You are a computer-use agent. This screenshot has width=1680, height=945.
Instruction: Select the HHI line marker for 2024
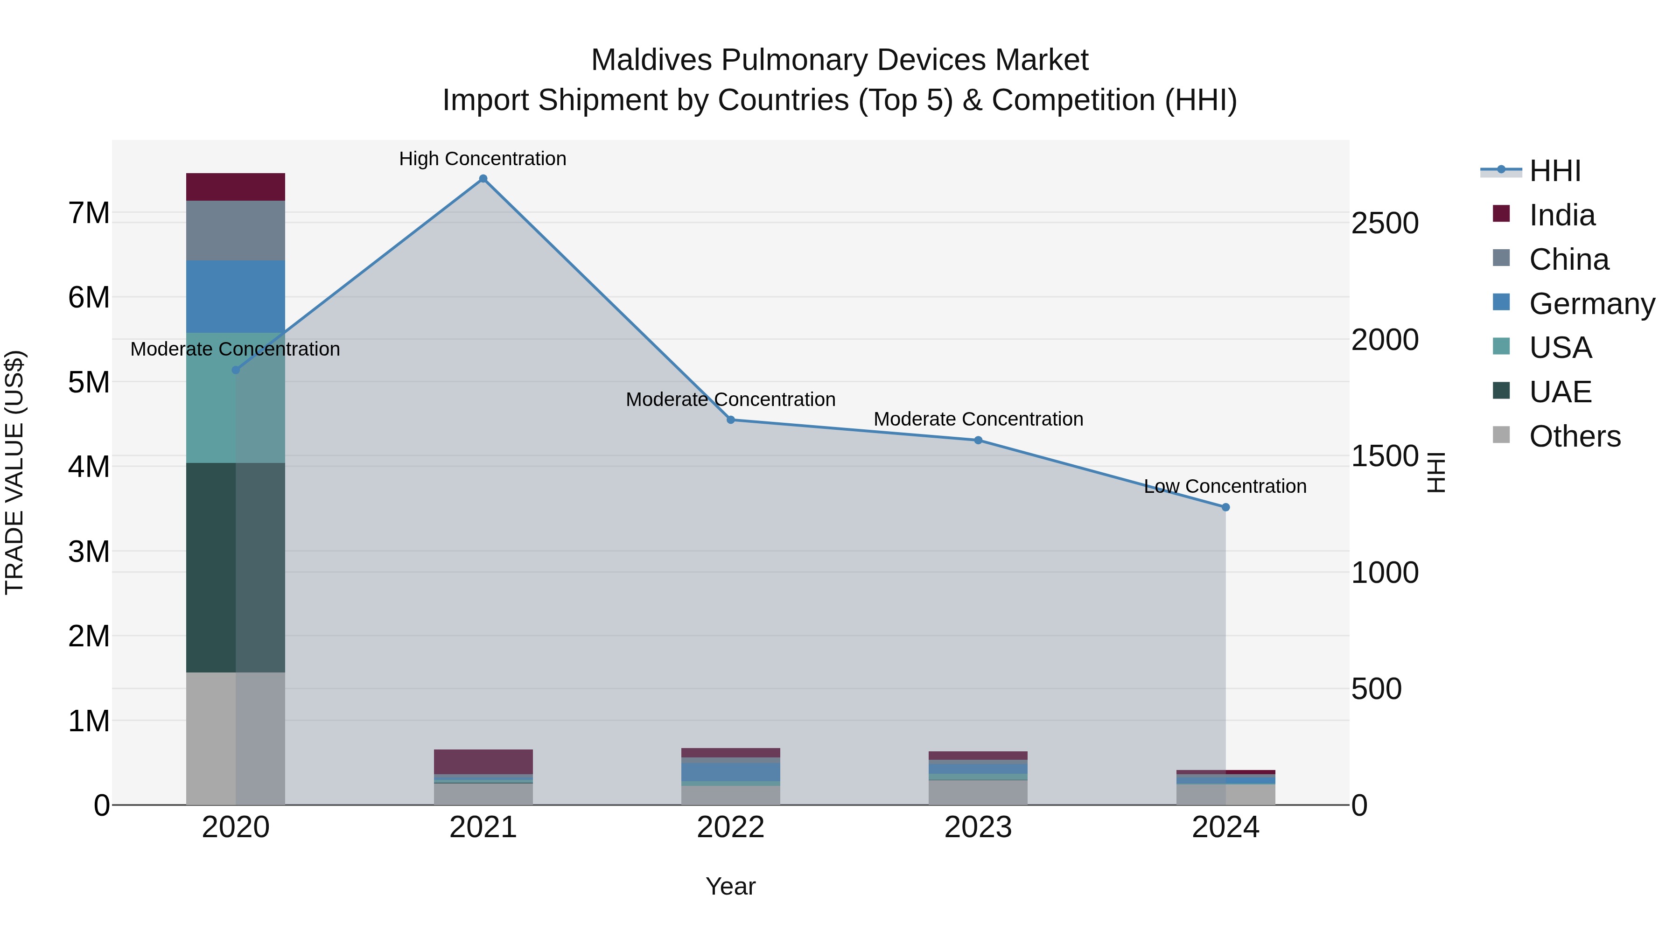(x=1225, y=507)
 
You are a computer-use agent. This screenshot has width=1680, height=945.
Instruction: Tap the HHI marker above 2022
(x=730, y=420)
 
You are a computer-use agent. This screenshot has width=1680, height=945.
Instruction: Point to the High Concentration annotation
(x=483, y=159)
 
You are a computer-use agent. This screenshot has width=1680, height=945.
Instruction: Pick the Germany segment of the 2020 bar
(x=236, y=297)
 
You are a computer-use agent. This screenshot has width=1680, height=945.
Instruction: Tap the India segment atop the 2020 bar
(x=236, y=187)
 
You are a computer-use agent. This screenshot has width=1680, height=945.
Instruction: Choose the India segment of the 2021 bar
(x=483, y=761)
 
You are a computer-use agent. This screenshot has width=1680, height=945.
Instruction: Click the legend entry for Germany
(x=1591, y=304)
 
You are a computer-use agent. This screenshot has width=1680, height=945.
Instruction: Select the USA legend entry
(x=1560, y=348)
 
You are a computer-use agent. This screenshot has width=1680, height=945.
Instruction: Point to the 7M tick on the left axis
(x=89, y=213)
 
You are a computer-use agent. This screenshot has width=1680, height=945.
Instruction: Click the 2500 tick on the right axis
(x=1385, y=223)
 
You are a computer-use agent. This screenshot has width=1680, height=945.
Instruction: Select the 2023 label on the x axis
(x=978, y=827)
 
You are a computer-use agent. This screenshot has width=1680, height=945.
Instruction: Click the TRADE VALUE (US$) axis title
(x=14, y=472)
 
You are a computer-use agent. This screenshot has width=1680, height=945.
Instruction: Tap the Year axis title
(x=730, y=886)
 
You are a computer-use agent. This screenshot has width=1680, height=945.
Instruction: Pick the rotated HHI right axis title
(x=1436, y=472)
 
